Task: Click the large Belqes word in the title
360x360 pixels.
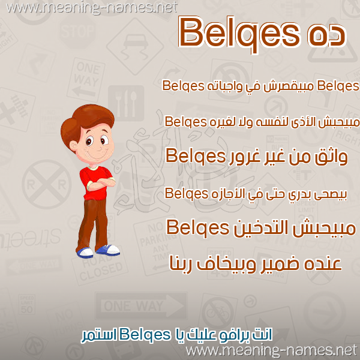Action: coord(239,34)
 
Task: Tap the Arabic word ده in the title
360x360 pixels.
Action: coord(326,34)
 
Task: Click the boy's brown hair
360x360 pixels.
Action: coord(87,122)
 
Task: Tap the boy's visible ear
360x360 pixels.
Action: coord(74,145)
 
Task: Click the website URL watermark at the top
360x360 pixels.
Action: coord(92,8)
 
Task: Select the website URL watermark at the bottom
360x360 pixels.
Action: coord(272,351)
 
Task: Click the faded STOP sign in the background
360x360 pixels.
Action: coord(77,31)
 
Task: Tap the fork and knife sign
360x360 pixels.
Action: coord(126,103)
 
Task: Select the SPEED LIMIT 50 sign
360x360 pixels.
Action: coord(27,304)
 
